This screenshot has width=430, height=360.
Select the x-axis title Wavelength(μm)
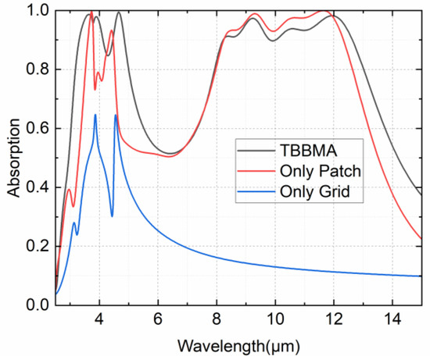[x=239, y=344]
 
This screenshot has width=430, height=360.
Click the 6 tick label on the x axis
[x=158, y=320]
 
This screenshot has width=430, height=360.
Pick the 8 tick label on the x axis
[x=217, y=320]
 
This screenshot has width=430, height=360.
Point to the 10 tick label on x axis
[x=275, y=320]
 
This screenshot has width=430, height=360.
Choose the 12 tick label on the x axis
[x=334, y=320]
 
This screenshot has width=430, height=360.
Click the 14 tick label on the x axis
[x=392, y=320]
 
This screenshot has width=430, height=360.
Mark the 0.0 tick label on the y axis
[x=38, y=305]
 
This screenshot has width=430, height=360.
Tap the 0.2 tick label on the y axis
[x=38, y=247]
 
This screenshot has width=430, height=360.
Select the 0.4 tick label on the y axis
[x=38, y=188]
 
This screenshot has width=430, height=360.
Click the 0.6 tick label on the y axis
[x=38, y=129]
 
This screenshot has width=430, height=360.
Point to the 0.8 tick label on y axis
[x=38, y=70]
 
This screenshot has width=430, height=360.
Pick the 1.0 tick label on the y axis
[x=38, y=12]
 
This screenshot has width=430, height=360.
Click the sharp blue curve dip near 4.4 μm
[x=112, y=216]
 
